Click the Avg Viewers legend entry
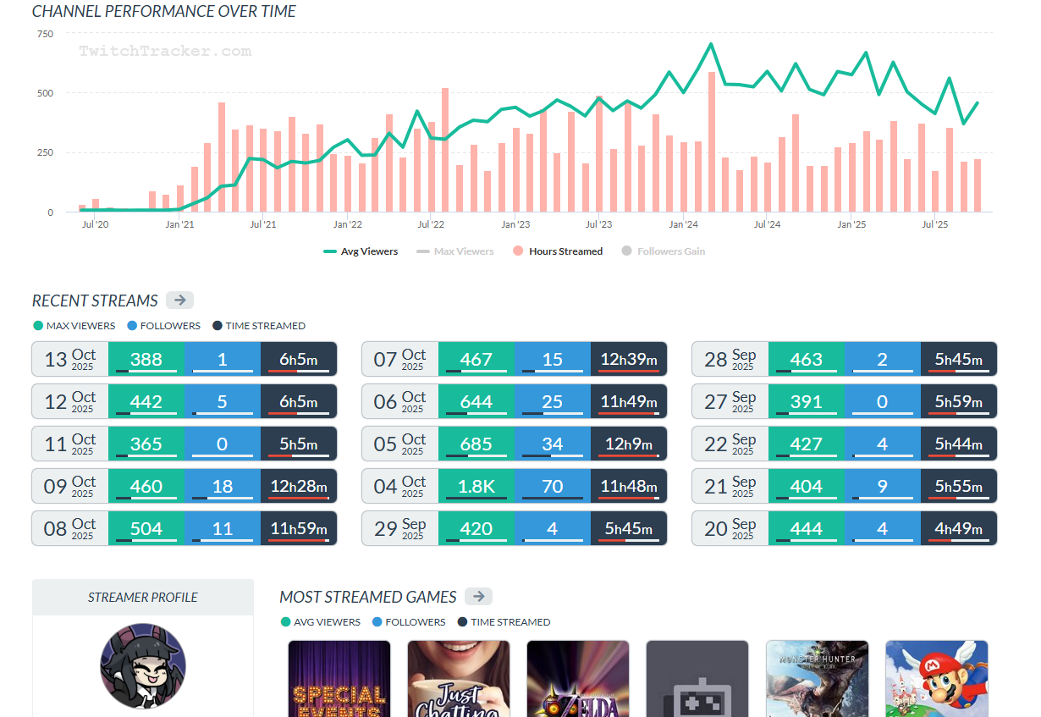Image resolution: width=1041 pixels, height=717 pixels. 361,251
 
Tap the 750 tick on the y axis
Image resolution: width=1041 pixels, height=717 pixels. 45,34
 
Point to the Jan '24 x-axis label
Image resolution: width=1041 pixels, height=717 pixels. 683,225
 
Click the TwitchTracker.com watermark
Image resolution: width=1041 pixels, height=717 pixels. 165,51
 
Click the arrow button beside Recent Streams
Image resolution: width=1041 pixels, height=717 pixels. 179,301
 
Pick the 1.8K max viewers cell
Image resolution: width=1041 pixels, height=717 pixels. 476,486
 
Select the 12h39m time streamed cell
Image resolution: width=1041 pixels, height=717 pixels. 628,359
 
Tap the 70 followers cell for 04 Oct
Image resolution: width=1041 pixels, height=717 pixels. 552,486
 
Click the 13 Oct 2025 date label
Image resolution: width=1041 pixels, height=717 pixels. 70,359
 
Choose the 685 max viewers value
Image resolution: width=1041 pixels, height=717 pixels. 476,444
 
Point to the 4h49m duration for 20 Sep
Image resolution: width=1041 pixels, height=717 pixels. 958,528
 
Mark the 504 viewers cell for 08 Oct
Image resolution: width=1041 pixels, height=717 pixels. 146,528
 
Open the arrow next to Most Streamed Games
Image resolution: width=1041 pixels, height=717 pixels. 478,597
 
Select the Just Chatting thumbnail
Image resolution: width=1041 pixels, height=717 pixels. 459,678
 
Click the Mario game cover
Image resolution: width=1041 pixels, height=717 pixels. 936,678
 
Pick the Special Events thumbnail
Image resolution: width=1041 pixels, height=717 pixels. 339,678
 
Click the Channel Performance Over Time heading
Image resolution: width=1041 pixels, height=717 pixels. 164,12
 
